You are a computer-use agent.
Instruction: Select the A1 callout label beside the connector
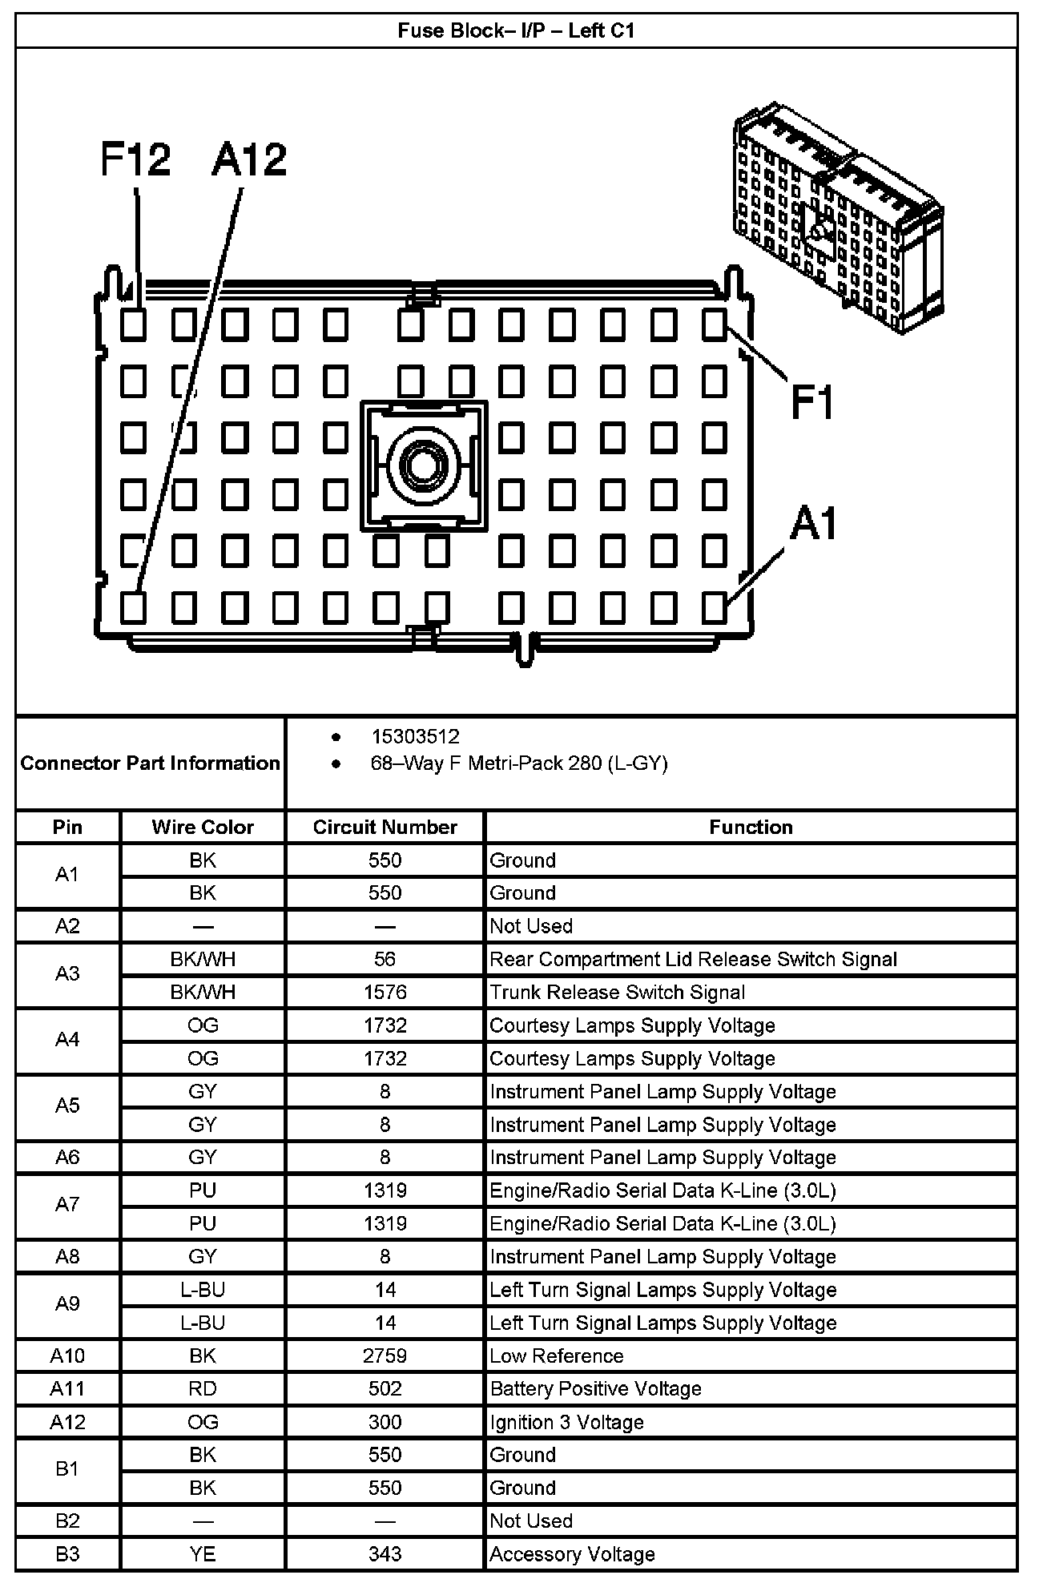(x=813, y=525)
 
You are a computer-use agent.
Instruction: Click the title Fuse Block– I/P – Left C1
(x=516, y=31)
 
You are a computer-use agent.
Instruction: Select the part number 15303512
(x=415, y=736)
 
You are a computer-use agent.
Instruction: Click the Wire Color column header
(x=203, y=827)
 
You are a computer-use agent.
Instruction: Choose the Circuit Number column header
(x=385, y=827)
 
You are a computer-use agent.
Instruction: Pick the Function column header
(x=751, y=827)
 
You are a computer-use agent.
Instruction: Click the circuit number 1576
(x=385, y=993)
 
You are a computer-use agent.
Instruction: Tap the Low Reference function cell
(x=556, y=1356)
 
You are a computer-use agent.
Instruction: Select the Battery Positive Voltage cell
(x=595, y=1389)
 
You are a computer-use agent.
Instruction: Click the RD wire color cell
(x=203, y=1389)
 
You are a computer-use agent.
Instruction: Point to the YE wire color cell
(x=203, y=1554)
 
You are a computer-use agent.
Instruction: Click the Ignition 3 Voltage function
(x=566, y=1422)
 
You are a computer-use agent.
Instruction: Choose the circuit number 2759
(x=385, y=1356)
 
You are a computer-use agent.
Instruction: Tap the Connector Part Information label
(x=150, y=763)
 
